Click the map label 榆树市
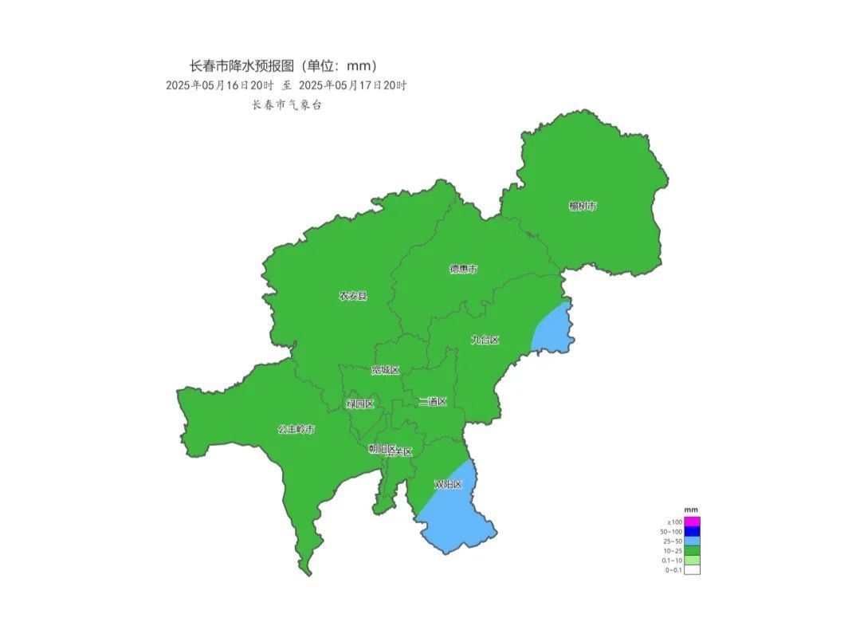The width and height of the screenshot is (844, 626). pos(583,207)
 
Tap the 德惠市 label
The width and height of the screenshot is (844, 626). pos(463,270)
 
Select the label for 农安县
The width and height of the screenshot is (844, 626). pos(353,296)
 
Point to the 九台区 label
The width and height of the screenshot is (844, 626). pos(484,341)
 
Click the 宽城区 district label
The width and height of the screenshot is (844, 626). pos(385,370)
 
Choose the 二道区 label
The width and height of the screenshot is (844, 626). pos(433,401)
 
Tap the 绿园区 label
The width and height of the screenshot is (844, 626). pos(359,404)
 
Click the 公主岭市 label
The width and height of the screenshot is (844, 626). pos(296,429)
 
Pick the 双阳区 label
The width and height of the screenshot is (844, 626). pos(447,484)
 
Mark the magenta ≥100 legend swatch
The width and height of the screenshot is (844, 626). pos(692,522)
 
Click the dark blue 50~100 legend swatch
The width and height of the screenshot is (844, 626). pos(692,531)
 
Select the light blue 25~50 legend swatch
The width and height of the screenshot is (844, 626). pos(692,541)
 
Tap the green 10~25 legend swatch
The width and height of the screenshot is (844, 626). pos(692,550)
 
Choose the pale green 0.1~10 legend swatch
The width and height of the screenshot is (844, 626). pos(692,560)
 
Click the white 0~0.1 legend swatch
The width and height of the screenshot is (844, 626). pos(692,569)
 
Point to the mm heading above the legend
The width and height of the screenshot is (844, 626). pos(691,510)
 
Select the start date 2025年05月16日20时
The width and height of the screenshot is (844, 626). pos(220,85)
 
